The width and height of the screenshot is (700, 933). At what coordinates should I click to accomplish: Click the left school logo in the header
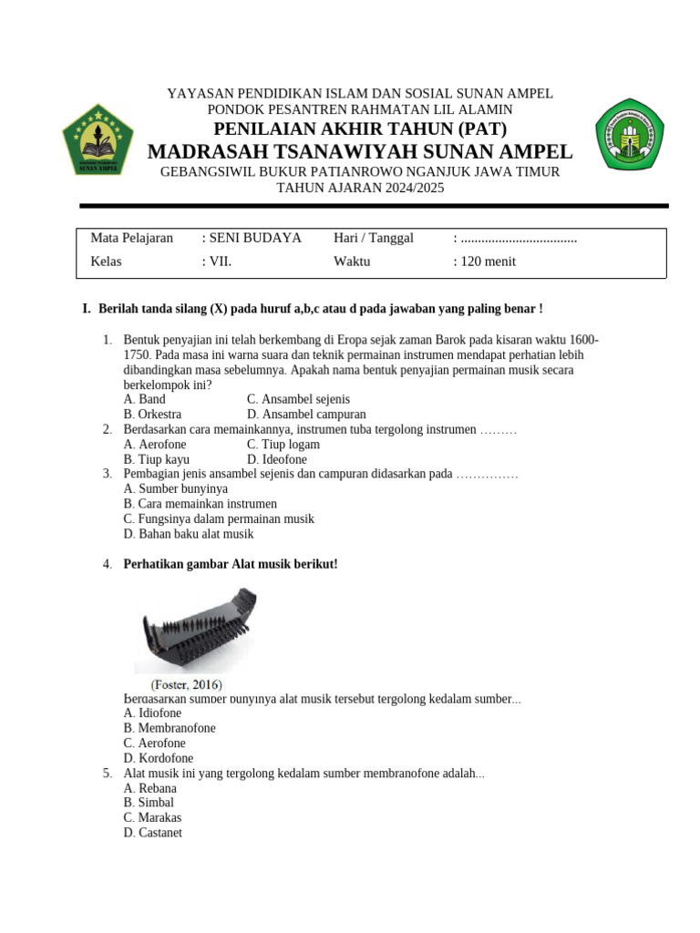[x=98, y=139]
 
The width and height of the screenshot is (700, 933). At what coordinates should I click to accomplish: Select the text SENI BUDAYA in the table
[x=251, y=238]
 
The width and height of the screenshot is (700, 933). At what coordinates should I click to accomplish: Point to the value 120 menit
[x=484, y=261]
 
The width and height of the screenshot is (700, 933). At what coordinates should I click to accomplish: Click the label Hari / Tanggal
[x=374, y=238]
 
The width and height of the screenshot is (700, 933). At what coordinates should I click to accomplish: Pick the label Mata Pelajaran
[x=131, y=238]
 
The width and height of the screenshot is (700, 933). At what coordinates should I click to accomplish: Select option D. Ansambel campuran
[x=306, y=415]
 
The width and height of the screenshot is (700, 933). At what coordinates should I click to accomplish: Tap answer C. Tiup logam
[x=283, y=445]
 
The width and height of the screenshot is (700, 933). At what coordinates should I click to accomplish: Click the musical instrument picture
[x=196, y=630]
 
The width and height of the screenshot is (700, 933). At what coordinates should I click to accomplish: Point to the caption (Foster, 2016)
[x=185, y=684]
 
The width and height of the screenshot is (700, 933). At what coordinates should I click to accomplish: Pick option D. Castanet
[x=152, y=832]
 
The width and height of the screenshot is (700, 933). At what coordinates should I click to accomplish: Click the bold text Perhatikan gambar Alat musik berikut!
[x=230, y=564]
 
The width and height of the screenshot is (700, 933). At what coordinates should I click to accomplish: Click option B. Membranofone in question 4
[x=170, y=728]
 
